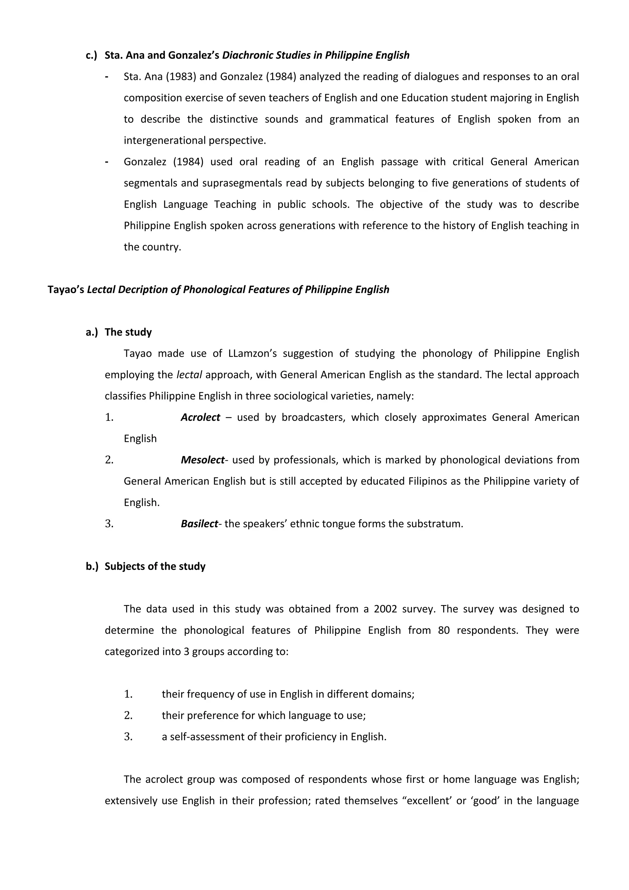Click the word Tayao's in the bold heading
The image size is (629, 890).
pyautogui.click(x=66, y=290)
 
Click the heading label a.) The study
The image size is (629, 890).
pyautogui.click(x=119, y=332)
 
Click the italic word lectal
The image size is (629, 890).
pyautogui.click(x=189, y=375)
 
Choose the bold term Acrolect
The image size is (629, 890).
pyautogui.click(x=200, y=417)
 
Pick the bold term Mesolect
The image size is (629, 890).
pyautogui.click(x=202, y=460)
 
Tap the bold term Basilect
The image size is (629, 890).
pyautogui.click(x=199, y=524)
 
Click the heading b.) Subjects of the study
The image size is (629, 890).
pyautogui.click(x=146, y=566)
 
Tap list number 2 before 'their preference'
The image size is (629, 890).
pyautogui.click(x=128, y=715)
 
